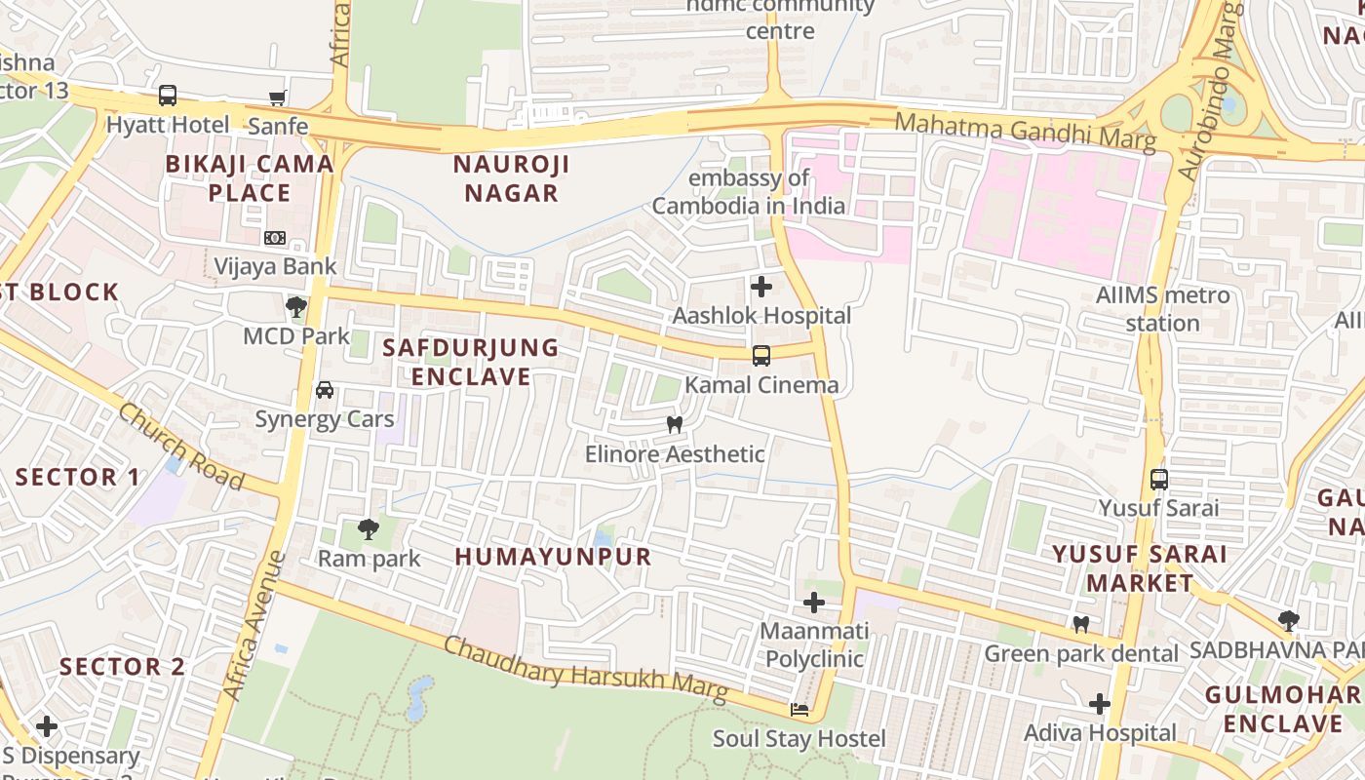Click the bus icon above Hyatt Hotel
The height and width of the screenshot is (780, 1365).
tap(168, 96)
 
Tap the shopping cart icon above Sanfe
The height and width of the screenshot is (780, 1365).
tap(278, 97)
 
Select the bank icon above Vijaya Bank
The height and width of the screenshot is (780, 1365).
tap(275, 237)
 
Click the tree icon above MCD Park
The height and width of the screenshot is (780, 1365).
tap(296, 307)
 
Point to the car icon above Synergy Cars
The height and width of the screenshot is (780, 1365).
tap(325, 390)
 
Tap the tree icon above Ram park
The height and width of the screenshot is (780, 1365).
tap(369, 529)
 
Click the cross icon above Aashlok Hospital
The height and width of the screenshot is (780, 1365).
tap(761, 287)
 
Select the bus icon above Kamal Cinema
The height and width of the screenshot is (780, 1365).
tap(761, 356)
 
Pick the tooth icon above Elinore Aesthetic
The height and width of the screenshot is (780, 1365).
tap(674, 425)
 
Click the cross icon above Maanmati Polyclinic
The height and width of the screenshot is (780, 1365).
tap(813, 603)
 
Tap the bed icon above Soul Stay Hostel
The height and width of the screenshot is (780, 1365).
tap(799, 710)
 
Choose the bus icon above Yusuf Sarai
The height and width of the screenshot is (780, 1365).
tap(1158, 479)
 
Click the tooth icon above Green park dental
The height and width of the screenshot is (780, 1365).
tap(1080, 624)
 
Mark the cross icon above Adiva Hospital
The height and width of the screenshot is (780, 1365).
tap(1100, 703)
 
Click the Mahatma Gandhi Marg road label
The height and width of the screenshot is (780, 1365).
tap(1025, 132)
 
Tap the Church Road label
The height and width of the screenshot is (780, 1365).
tap(180, 447)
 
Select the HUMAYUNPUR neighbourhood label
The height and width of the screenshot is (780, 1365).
tap(553, 557)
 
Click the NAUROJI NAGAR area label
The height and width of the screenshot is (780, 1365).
tap(511, 177)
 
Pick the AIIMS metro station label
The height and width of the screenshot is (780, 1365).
tap(1162, 308)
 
